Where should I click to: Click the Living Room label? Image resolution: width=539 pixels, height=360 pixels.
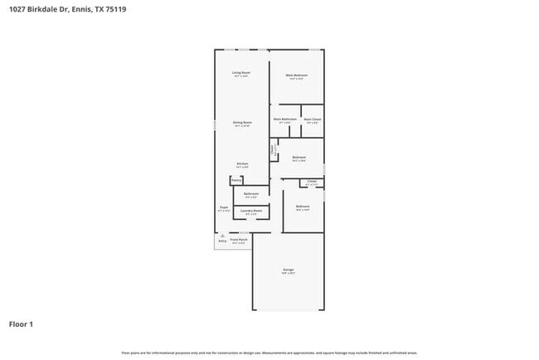coord(241,73)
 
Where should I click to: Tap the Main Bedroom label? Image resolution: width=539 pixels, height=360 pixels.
coord(296,75)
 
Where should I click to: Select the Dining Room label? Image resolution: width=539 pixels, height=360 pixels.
coord(242,122)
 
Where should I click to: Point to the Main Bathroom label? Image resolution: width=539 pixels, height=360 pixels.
coord(284,119)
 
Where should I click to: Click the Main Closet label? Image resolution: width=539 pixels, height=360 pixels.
coord(312,119)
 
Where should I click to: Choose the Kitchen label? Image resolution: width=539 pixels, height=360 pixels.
coord(242,163)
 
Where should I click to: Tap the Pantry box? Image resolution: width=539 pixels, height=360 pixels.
coord(236,180)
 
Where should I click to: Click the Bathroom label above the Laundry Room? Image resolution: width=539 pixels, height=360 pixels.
coord(251,193)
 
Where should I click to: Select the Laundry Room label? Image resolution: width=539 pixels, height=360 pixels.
coord(251,211)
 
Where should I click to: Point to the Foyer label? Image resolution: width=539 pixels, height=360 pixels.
coord(224,207)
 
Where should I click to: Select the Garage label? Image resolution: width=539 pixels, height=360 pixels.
coord(289,270)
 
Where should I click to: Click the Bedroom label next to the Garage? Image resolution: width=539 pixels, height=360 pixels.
coord(303,206)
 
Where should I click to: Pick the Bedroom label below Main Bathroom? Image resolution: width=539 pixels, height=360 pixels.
coord(299,157)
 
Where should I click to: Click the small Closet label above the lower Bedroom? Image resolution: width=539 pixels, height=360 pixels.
coord(312,181)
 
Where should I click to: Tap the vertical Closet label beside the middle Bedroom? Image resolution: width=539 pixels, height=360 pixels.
coord(274,151)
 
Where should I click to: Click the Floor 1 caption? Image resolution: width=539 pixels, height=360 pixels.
coord(22,324)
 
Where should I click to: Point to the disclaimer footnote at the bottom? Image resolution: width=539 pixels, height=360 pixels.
coord(269,353)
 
